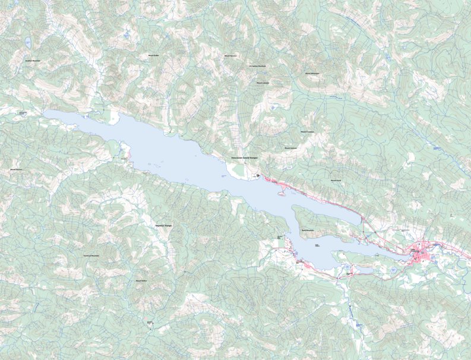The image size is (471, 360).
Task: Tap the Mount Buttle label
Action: [x=153, y=55]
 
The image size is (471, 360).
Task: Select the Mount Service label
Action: [x=230, y=55]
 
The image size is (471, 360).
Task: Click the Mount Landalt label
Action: [x=263, y=83]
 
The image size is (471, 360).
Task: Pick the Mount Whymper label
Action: [x=312, y=74]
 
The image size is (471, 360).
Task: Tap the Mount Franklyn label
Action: [x=307, y=132]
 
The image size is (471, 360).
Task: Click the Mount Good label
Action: [x=336, y=180]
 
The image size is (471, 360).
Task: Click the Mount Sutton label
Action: [x=141, y=280]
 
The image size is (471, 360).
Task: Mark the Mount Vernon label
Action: [x=16, y=169]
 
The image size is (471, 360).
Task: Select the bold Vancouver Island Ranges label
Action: [x=244, y=158]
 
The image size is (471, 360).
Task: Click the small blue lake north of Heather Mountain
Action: [x=28, y=42]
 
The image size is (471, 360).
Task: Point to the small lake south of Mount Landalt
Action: [x=272, y=108]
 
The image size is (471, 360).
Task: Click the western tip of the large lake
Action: [x=45, y=112]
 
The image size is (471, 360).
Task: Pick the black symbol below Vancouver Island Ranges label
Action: [x=257, y=175]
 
